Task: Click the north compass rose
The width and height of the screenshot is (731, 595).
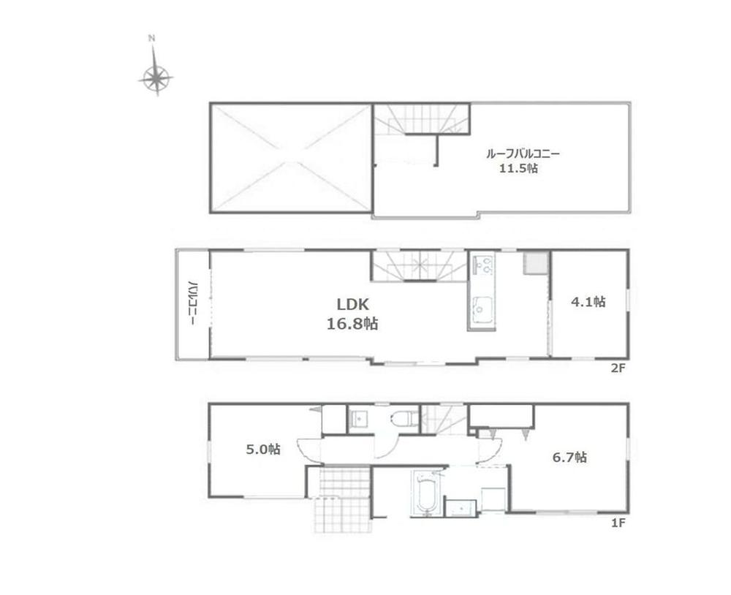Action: pyautogui.click(x=156, y=75)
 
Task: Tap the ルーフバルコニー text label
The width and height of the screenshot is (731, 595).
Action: pyautogui.click(x=523, y=154)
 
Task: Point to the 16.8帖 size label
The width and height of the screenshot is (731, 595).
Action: pyautogui.click(x=352, y=324)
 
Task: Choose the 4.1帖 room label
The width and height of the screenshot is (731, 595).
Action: pyautogui.click(x=588, y=301)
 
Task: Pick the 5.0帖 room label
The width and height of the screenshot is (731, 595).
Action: pyautogui.click(x=263, y=450)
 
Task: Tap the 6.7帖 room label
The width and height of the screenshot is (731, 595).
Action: pyautogui.click(x=569, y=457)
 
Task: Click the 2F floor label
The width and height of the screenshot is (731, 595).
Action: pyautogui.click(x=618, y=368)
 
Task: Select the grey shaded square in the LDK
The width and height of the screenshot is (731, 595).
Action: pyautogui.click(x=535, y=263)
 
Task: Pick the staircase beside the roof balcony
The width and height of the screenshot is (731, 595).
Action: pyautogui.click(x=421, y=118)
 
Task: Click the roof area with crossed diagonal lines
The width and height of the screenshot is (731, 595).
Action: pyautogui.click(x=292, y=157)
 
